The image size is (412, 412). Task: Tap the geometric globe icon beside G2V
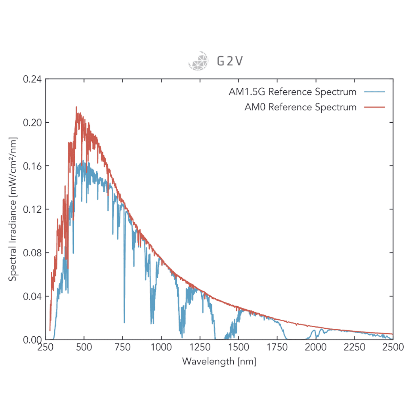tap(198, 61)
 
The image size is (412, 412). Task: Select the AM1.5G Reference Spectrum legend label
tap(292, 92)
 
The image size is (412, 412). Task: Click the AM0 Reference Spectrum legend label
tap(300, 107)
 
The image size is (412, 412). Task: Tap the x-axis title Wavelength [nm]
tap(219, 361)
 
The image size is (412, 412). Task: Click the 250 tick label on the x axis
tap(46, 347)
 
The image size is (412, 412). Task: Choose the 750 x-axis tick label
tap(123, 347)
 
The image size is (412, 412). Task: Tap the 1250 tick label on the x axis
tap(200, 347)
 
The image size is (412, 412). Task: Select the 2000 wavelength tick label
tap(316, 347)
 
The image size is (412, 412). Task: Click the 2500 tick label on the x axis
tap(393, 347)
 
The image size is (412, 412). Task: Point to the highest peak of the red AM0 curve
tap(76, 107)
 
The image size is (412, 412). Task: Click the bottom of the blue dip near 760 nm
tap(124, 322)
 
